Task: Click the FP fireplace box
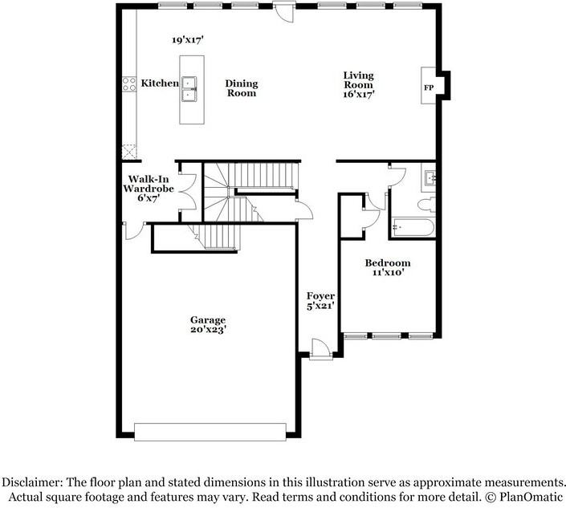[x=428, y=87]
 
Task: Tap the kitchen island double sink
[x=190, y=89]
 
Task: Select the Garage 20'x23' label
[x=207, y=324]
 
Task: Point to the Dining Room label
[x=240, y=88]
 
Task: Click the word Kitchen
[x=160, y=83]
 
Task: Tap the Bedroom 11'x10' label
[x=387, y=268]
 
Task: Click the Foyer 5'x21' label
[x=320, y=302]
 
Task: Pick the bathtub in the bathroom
[x=413, y=227]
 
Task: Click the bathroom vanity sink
[x=429, y=178]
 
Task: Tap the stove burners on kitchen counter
[x=128, y=84]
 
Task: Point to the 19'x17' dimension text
[x=187, y=39]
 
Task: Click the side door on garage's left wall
[x=132, y=232]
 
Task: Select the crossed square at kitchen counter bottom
[x=128, y=150]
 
